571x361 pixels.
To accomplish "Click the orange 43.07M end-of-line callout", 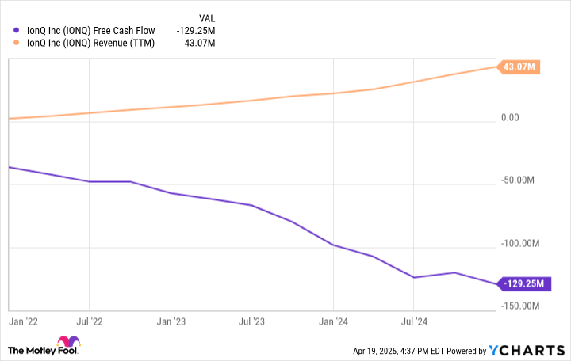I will (x=520, y=67).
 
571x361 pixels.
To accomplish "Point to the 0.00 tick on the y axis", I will (x=511, y=119).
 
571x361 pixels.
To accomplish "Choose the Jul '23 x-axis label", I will (x=251, y=323).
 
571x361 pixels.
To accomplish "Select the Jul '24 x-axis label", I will (x=413, y=323).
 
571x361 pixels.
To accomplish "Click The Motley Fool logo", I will (x=44, y=349).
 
